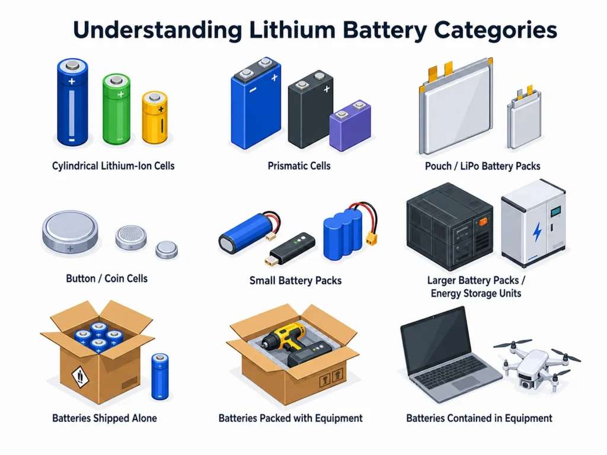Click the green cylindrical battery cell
(x=116, y=109)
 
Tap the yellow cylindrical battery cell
(x=155, y=118)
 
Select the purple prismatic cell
(x=350, y=126)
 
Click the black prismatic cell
(x=311, y=109)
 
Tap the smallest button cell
(x=167, y=249)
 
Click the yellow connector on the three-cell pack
(x=371, y=239)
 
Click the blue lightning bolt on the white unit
(x=537, y=232)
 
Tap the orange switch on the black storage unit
(x=484, y=222)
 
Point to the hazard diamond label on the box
(x=81, y=376)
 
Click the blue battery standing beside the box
(x=160, y=376)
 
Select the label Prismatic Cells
(x=299, y=166)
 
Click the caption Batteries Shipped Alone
(x=104, y=418)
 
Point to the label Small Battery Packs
(x=295, y=280)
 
